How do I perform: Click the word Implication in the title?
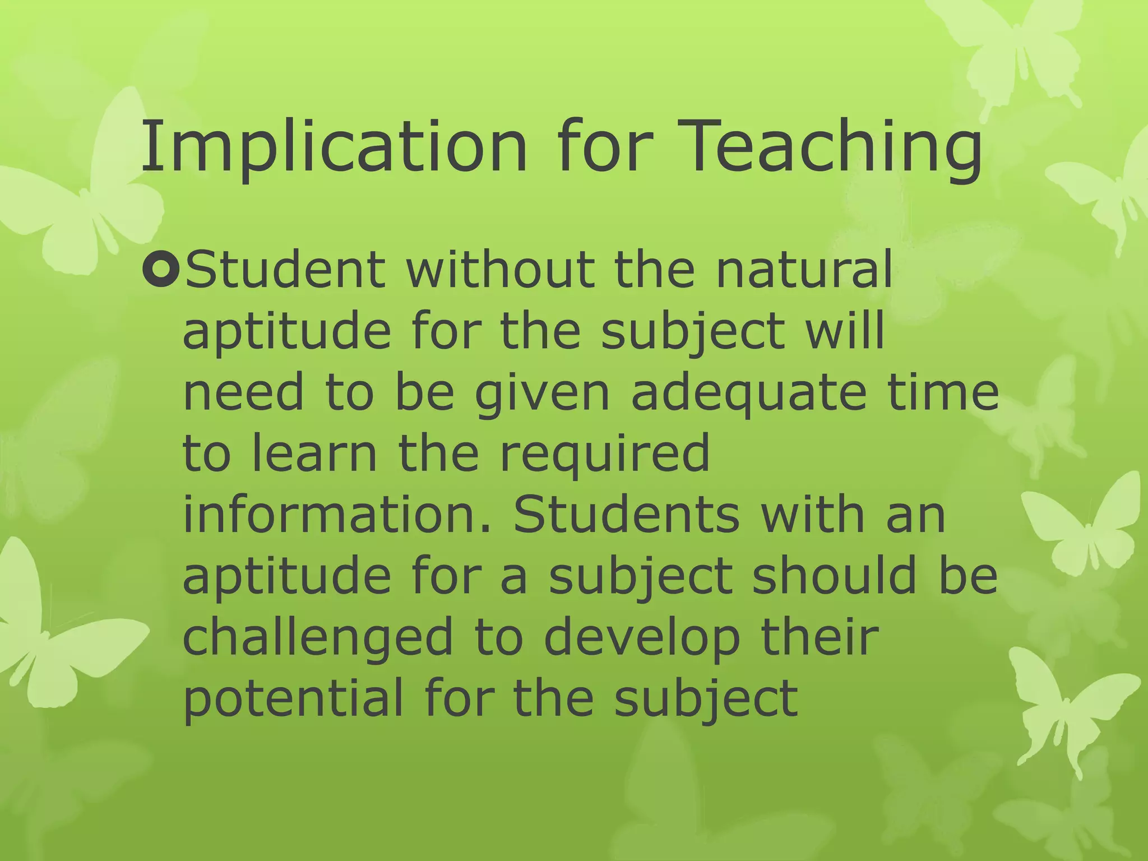point(334,147)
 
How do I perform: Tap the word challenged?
point(317,638)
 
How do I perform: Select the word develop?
point(642,638)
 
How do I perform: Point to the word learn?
point(314,454)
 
